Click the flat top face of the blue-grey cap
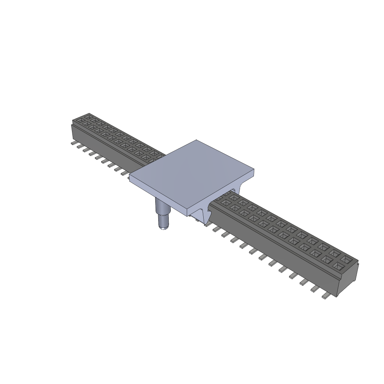(x=191, y=172)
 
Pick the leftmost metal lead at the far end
(x=73, y=143)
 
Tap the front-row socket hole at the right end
(x=339, y=267)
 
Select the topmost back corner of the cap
(x=197, y=141)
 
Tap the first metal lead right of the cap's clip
(x=216, y=229)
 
